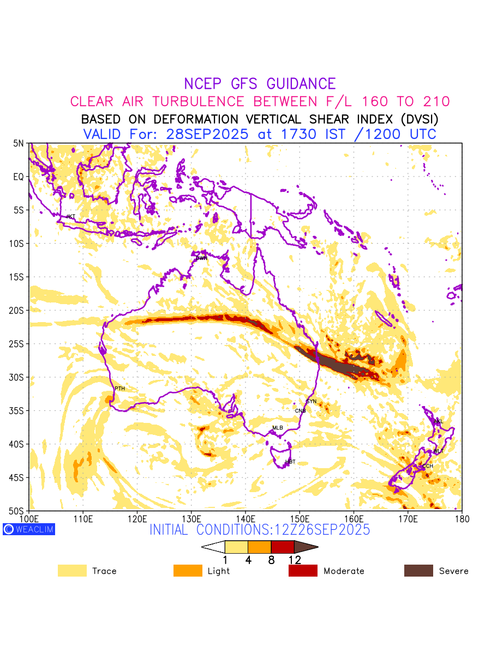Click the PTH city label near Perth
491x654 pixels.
click(119, 389)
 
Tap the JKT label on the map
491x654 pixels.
click(70, 217)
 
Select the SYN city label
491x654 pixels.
click(311, 402)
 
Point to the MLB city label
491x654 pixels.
click(278, 428)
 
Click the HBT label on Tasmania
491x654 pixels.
click(290, 462)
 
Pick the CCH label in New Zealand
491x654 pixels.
click(428, 466)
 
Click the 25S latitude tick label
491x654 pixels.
click(18, 344)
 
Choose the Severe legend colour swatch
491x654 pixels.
click(418, 571)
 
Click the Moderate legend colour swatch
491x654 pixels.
click(303, 571)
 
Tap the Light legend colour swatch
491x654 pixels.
click(187, 571)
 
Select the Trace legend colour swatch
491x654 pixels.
click(72, 571)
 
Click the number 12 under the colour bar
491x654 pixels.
click(295, 560)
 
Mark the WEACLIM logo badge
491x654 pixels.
click(29, 529)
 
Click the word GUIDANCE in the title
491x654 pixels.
click(301, 84)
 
